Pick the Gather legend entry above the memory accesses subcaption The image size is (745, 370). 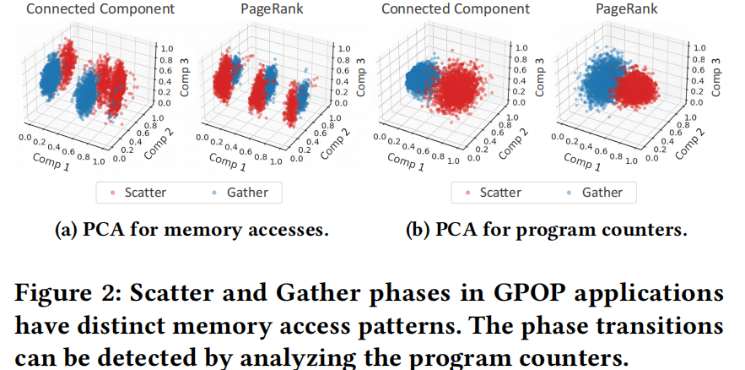pos(239,193)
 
